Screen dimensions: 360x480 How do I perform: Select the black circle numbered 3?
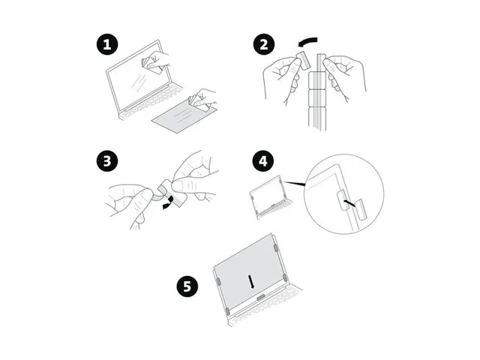(x=106, y=161)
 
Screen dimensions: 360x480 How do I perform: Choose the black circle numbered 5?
(x=187, y=286)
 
